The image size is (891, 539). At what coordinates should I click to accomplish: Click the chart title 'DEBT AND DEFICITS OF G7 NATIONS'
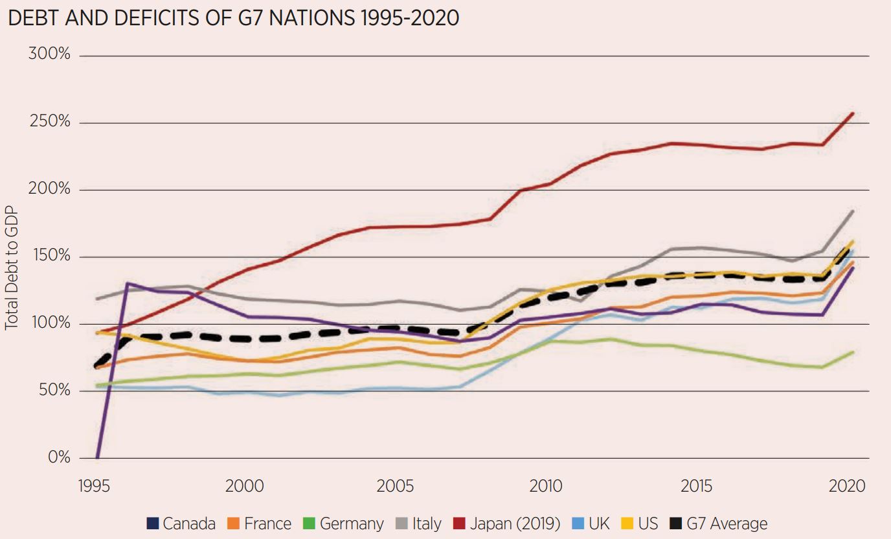point(233,17)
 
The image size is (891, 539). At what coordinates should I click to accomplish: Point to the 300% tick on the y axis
point(49,54)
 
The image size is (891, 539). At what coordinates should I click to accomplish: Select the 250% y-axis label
point(49,121)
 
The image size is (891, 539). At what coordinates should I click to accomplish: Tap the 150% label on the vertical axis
point(49,255)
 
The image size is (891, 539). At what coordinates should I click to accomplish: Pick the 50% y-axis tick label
point(52,389)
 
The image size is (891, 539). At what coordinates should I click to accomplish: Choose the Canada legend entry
point(181,523)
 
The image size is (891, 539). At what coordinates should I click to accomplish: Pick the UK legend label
point(591,523)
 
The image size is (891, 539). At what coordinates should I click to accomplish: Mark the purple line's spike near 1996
point(127,283)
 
